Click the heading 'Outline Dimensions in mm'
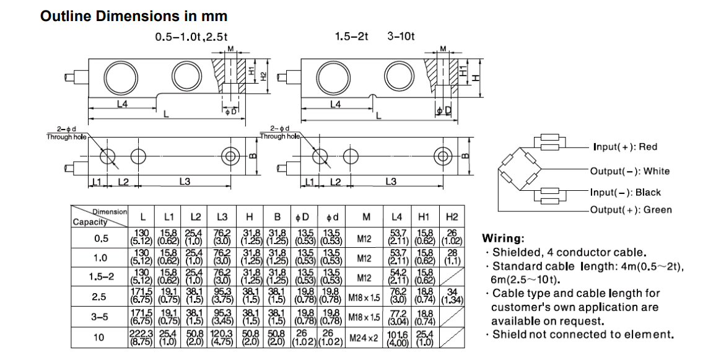point(134,15)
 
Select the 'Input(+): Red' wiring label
point(625,147)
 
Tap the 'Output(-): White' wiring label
point(629,171)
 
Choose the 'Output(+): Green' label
point(631,210)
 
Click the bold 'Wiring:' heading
point(504,239)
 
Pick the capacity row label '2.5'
point(100,297)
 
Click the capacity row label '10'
point(100,337)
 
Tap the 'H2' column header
point(452,217)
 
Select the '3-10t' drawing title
point(401,37)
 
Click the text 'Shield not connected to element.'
point(582,335)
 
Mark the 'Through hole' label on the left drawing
point(66,137)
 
